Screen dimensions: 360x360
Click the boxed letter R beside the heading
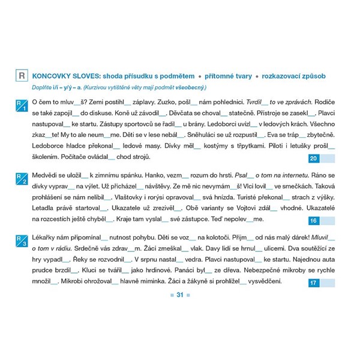22,76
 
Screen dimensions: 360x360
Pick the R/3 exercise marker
22,242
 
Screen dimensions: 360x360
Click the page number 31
179,295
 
